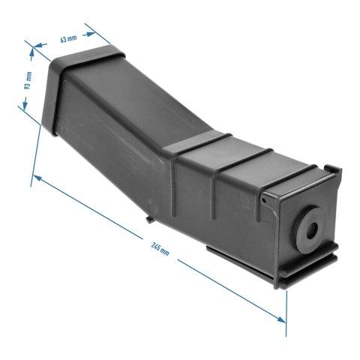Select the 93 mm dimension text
click(x=28, y=81)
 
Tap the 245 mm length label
click(x=160, y=248)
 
